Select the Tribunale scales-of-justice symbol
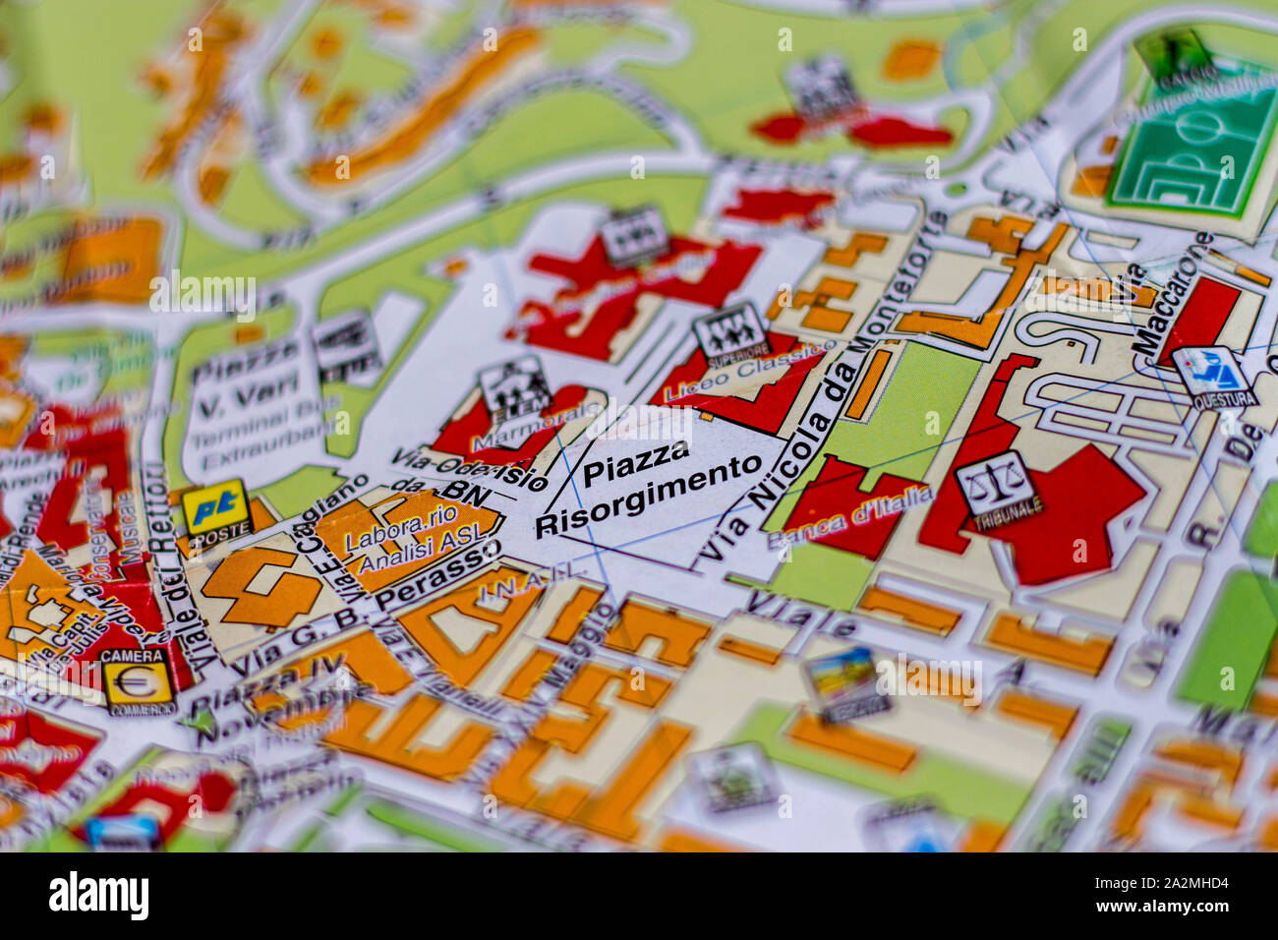point(995,485)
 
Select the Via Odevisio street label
point(469,468)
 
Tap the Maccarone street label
point(1171,298)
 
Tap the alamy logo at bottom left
point(98,895)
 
